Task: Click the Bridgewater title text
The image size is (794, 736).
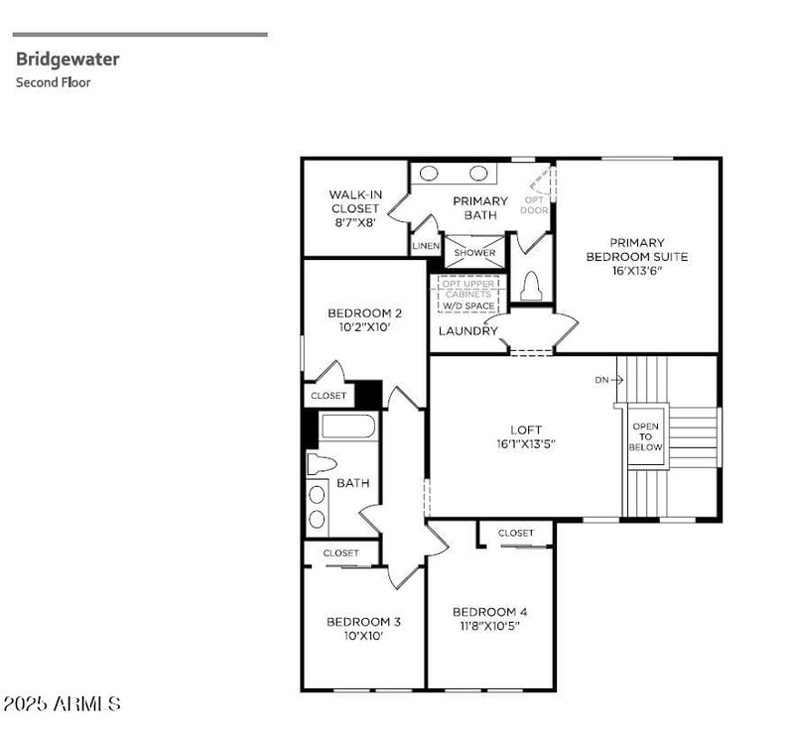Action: (x=67, y=60)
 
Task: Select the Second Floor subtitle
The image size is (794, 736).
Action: (x=53, y=83)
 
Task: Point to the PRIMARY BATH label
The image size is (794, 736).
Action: (x=480, y=207)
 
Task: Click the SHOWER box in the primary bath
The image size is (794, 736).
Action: (x=474, y=253)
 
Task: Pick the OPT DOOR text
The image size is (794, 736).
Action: (x=535, y=204)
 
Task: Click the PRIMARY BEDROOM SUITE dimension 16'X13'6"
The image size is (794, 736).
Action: (x=637, y=271)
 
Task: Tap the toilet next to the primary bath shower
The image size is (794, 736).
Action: (x=530, y=286)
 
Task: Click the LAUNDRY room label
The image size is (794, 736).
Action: (x=467, y=331)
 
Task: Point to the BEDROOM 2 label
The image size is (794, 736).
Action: (x=364, y=313)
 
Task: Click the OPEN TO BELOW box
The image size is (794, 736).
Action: (x=645, y=436)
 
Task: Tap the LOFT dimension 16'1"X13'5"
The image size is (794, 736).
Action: (x=526, y=444)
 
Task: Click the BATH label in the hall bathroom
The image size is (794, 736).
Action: (x=352, y=483)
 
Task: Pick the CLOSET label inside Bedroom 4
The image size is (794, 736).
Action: (x=516, y=534)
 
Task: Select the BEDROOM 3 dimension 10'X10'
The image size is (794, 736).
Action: (x=363, y=636)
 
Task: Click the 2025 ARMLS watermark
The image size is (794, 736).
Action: (x=62, y=704)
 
